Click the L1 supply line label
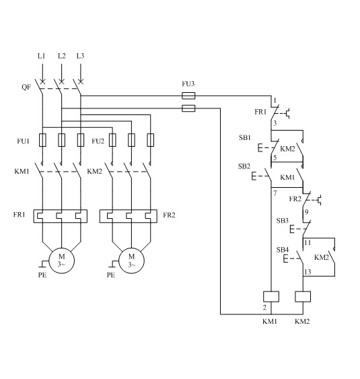point(41,56)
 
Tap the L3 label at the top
point(80,56)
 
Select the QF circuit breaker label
point(26,87)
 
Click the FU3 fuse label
point(188,83)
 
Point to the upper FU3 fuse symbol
point(188,96)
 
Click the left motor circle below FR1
point(62,261)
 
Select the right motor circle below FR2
point(131,261)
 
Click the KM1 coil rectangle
point(271,297)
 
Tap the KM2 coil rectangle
point(303,297)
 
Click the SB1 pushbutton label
point(245,137)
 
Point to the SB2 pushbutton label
point(244,166)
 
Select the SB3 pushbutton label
point(283,221)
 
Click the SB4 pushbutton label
point(283,250)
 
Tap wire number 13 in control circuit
point(308,272)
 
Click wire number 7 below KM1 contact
point(275,193)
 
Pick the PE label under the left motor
point(42,275)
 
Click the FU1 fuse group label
point(23,141)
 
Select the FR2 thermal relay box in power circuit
point(129,216)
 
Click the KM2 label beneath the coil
point(302,322)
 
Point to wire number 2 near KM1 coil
point(265,308)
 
